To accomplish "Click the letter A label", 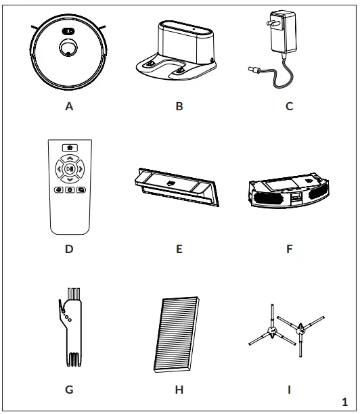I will point(69,108).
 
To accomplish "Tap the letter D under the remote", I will point(69,248).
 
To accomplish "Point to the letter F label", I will point(289,248).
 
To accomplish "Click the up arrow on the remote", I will point(69,156).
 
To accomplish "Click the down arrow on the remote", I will point(69,179).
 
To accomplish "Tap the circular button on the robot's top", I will point(69,49).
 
